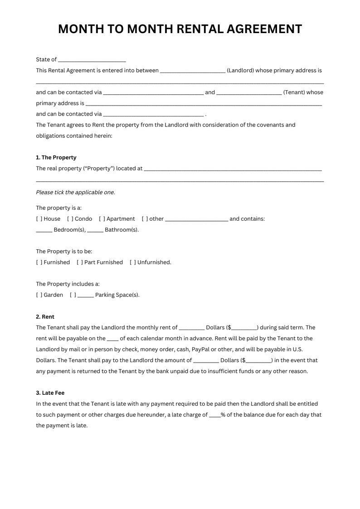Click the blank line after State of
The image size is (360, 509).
click(92, 60)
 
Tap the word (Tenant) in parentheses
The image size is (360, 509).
click(294, 92)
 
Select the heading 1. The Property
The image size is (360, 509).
click(56, 157)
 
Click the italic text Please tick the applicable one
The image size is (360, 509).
click(75, 192)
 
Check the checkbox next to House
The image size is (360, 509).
click(39, 219)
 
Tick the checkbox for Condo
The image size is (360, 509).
click(70, 219)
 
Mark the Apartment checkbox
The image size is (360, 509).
click(102, 219)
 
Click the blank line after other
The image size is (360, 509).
click(197, 219)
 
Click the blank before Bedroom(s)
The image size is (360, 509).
click(44, 230)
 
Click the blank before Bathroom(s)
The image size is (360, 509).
click(95, 230)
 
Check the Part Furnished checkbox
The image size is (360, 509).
click(80, 262)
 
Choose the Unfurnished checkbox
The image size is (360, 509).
click(133, 262)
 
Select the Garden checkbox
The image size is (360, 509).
click(39, 295)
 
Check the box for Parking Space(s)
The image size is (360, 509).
click(73, 295)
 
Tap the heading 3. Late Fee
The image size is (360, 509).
click(53, 393)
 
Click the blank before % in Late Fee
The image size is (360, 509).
click(214, 415)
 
